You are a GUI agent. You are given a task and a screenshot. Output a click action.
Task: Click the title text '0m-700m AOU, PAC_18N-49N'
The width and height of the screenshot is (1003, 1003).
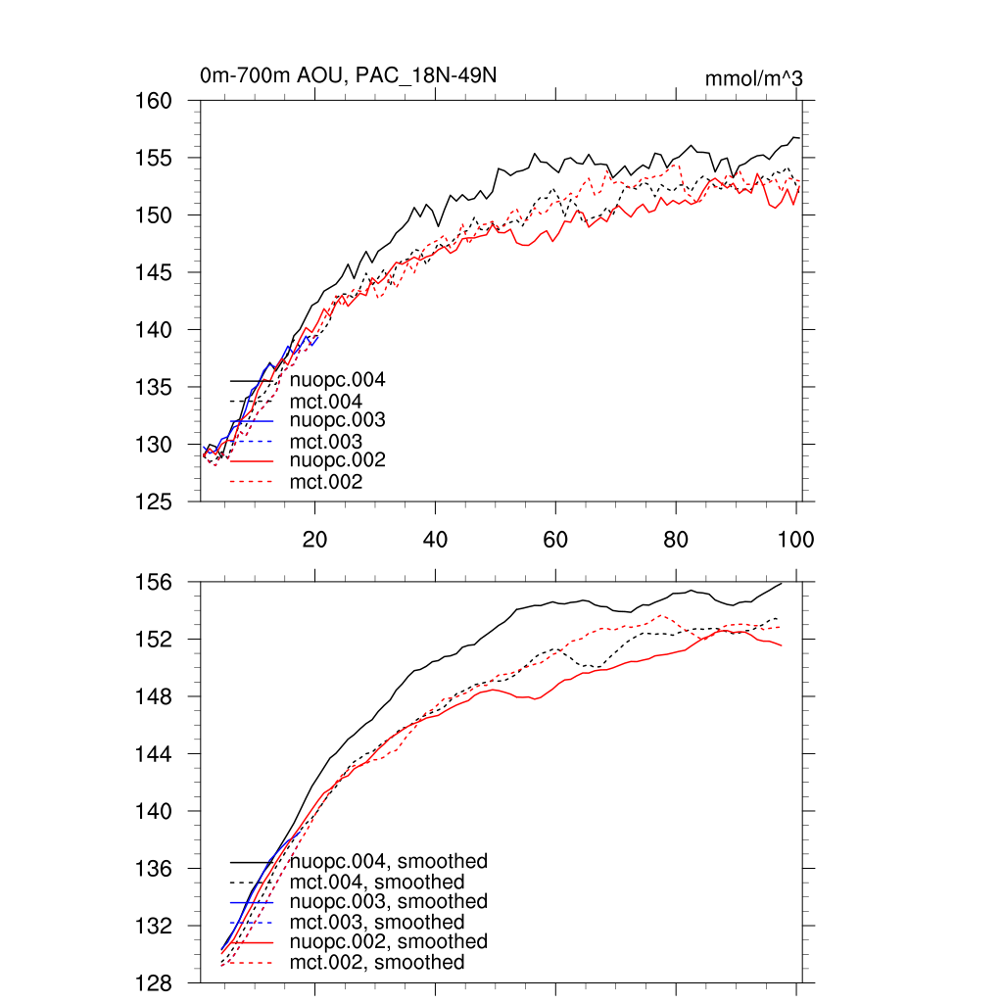click(x=354, y=75)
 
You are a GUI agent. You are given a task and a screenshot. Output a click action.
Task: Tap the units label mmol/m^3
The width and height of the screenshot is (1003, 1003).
click(x=754, y=78)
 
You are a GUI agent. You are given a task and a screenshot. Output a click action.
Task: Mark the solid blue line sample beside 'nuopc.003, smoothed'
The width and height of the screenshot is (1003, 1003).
click(x=251, y=901)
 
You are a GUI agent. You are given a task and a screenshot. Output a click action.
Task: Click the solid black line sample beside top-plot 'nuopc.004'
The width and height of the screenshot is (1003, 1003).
click(x=251, y=380)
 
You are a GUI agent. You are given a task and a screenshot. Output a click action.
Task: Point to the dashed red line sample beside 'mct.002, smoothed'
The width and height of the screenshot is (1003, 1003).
click(x=251, y=963)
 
